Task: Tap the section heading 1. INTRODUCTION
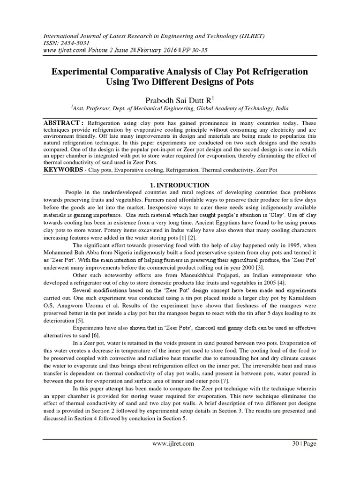(x=180, y=186)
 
